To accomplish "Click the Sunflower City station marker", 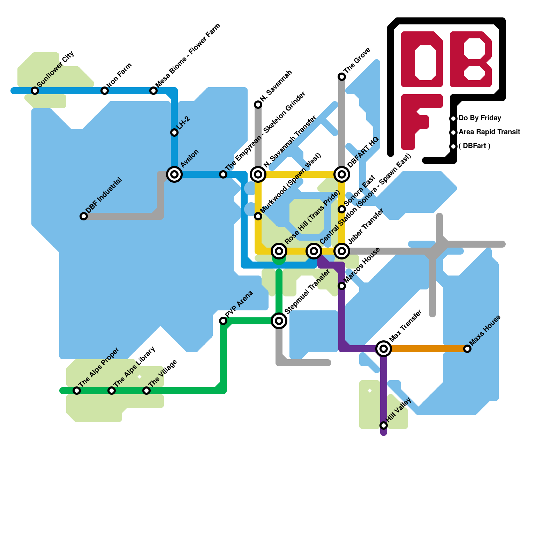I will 35,91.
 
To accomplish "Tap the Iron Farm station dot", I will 105,91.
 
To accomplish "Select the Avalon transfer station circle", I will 174,174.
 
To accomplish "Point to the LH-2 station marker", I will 174,133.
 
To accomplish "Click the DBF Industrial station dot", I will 84,216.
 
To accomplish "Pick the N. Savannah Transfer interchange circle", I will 258,174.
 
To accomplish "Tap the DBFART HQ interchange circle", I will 342,174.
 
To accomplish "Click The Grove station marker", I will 342,77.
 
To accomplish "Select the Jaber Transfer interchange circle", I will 342,251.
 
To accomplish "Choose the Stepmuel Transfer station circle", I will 279,321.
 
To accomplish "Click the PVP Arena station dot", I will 223,321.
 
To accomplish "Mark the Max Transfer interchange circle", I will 384,348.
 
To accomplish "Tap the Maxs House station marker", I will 467,349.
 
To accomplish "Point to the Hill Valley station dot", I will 384,425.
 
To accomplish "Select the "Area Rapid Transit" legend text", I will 489,132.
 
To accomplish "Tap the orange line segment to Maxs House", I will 425,349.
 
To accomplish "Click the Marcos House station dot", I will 342,286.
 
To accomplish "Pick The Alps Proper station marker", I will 77,391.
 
